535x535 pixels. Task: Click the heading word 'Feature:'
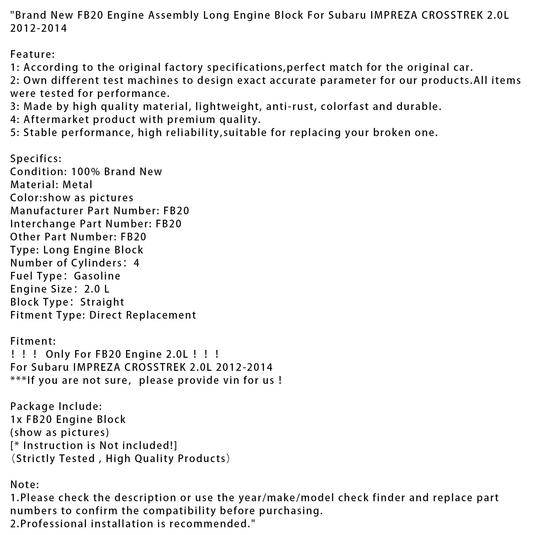click(x=32, y=54)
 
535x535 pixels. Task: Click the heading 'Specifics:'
click(x=36, y=158)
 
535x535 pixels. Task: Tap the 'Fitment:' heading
click(x=33, y=341)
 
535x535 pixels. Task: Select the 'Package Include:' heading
click(x=56, y=406)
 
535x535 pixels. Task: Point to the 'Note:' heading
click(x=25, y=485)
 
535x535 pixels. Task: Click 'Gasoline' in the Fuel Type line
click(x=97, y=276)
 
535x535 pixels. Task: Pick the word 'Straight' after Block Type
click(x=102, y=302)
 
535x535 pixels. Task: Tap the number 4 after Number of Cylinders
click(x=136, y=263)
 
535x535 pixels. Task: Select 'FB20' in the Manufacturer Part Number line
click(x=176, y=211)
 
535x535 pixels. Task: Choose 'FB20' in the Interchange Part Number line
click(x=169, y=224)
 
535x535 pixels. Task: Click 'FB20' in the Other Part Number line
click(x=133, y=237)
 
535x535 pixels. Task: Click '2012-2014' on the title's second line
click(x=38, y=28)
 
